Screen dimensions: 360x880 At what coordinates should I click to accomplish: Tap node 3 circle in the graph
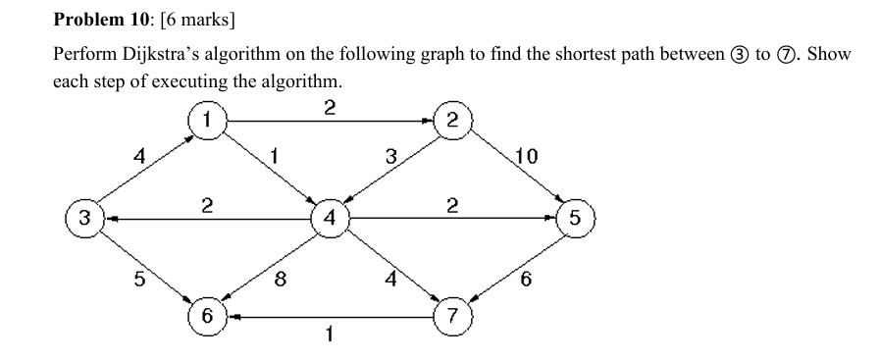click(84, 218)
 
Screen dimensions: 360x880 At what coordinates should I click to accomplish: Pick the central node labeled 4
click(330, 218)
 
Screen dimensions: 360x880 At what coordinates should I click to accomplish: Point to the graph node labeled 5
click(575, 218)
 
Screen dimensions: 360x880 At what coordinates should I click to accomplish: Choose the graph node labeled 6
click(207, 316)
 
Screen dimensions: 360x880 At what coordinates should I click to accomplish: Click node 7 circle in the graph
click(452, 316)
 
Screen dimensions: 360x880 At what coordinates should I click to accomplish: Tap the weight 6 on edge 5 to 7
click(527, 281)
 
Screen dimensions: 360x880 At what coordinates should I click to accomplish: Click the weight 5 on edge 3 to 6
click(137, 280)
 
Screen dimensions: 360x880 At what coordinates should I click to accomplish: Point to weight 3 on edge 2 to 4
click(390, 155)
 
